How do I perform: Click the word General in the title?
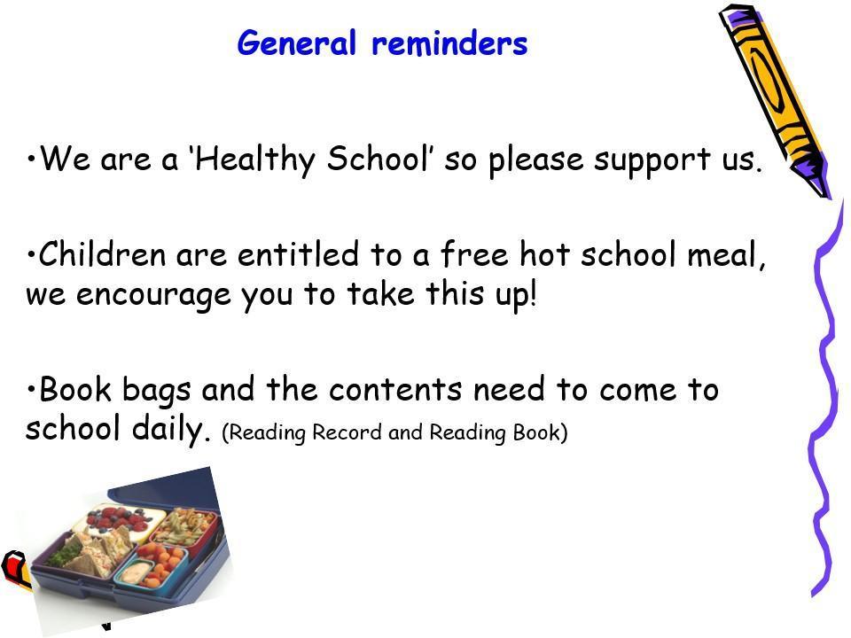tap(296, 43)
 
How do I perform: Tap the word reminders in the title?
tap(449, 43)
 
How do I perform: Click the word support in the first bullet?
tap(652, 160)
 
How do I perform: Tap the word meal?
tap(726, 254)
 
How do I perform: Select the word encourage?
tap(153, 296)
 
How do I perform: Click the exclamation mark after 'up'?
tap(533, 293)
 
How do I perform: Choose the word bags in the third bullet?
tap(156, 391)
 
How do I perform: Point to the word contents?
tap(395, 390)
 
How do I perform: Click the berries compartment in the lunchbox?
tap(120, 520)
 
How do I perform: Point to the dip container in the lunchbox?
tap(135, 572)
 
